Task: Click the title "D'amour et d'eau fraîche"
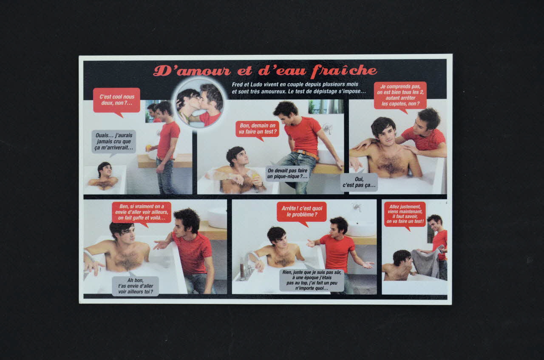pos(265,71)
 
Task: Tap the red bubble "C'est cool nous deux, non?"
pos(116,100)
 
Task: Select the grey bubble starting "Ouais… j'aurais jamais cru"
pos(113,141)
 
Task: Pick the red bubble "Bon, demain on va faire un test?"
pos(257,129)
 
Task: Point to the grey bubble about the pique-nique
pos(287,173)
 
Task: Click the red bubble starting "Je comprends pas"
pos(400,95)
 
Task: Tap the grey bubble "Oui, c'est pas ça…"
pos(359,182)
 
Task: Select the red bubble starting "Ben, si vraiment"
pos(142,212)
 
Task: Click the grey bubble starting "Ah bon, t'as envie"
pos(135,286)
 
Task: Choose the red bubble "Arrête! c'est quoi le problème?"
pos(301,211)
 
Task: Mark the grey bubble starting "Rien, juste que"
pos(312,280)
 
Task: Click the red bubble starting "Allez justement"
pos(405,214)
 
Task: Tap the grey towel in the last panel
pos(426,262)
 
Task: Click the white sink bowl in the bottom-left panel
pos(218,218)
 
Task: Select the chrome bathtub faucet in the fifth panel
pos(251,259)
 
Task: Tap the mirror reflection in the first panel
pos(152,112)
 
